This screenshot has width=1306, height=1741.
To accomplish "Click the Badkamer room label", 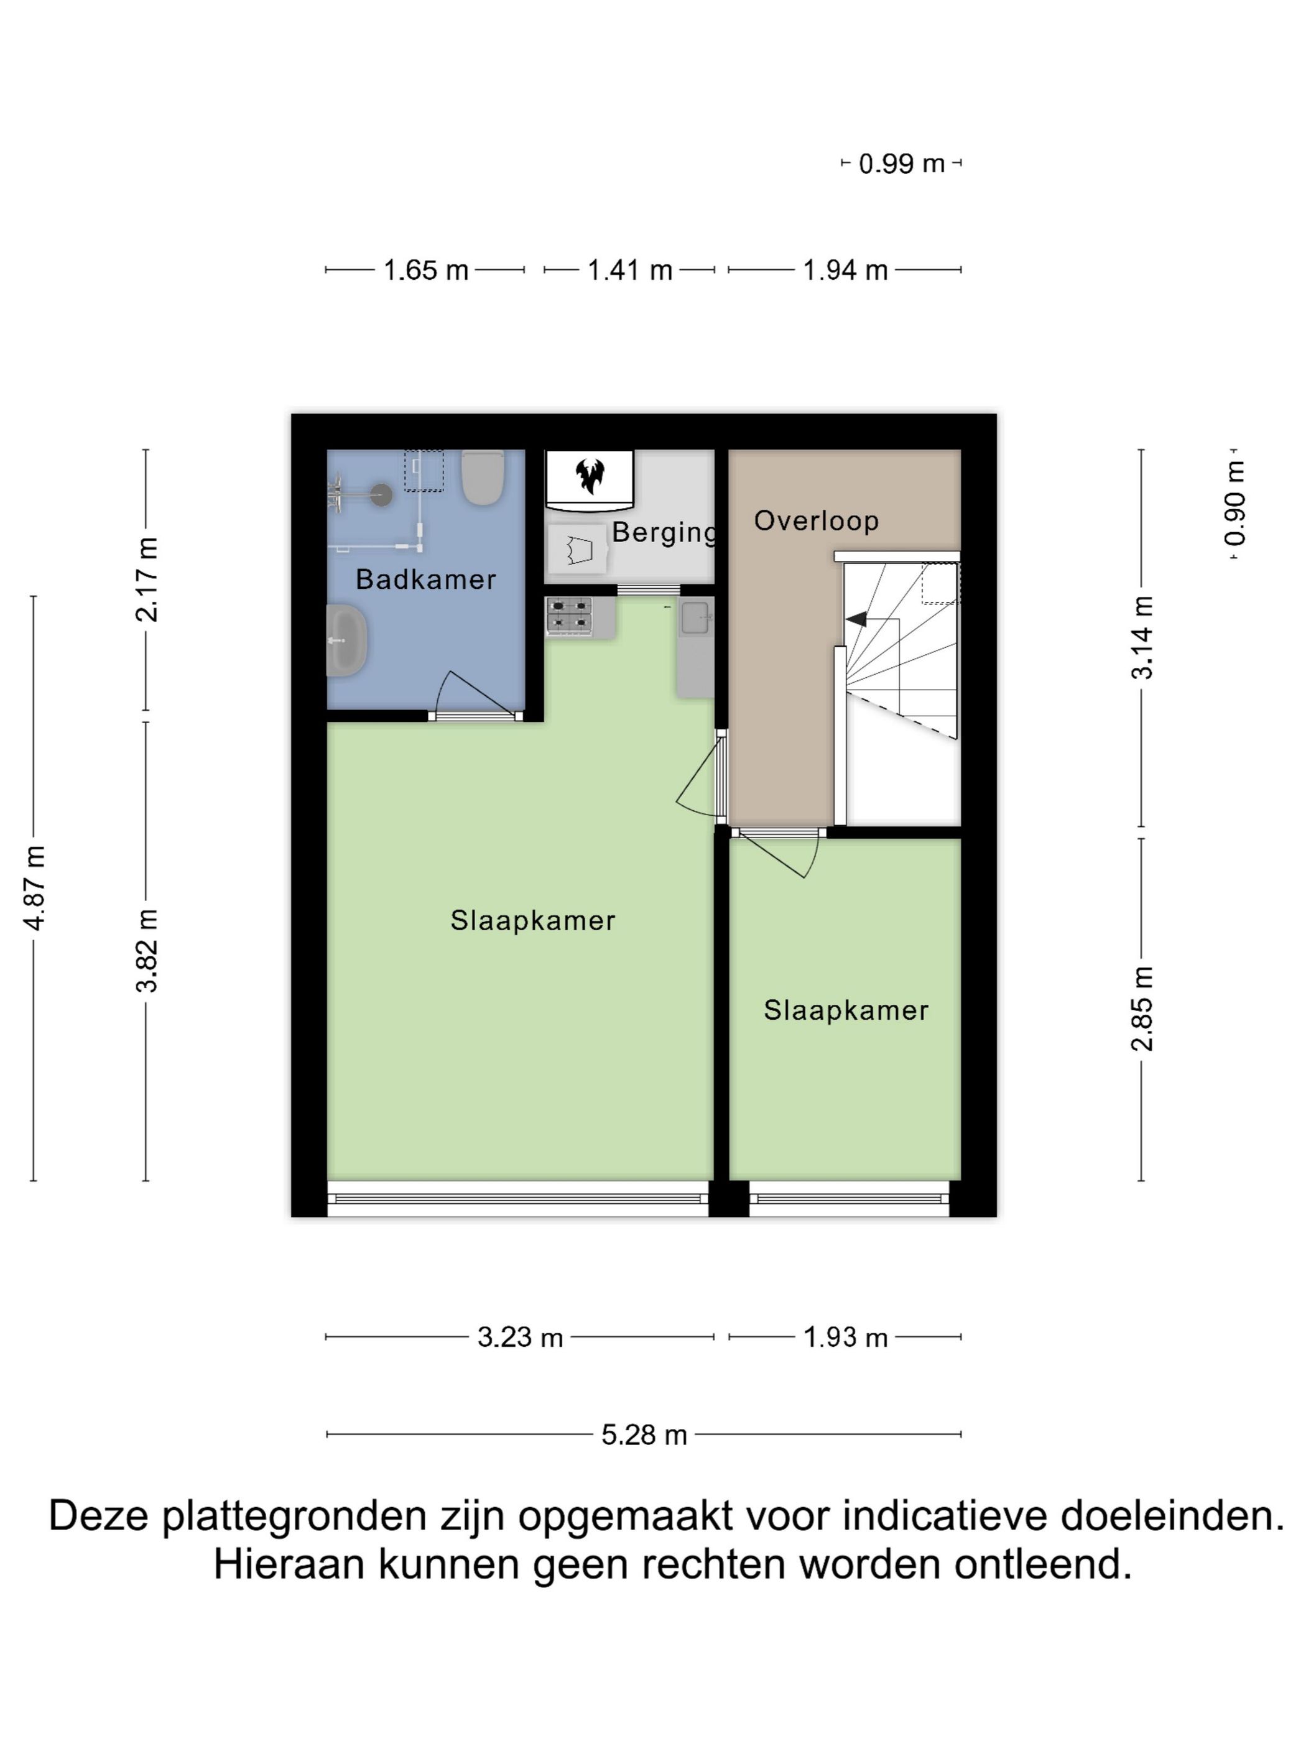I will tap(425, 580).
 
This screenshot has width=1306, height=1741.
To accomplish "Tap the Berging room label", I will tap(663, 532).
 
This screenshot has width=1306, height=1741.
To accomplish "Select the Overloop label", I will tap(815, 520).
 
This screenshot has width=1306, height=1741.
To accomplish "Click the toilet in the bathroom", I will tap(482, 477).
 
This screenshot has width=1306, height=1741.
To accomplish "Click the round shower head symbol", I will tap(382, 494).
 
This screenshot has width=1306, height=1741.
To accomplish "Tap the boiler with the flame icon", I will tap(589, 476).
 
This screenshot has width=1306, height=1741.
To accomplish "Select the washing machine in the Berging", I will tap(578, 548).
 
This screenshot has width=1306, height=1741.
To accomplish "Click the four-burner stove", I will tap(569, 616).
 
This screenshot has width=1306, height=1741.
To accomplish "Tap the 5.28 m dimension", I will tap(644, 1435).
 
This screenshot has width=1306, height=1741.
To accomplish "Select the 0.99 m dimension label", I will tap(901, 164).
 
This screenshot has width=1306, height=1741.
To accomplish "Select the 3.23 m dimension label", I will tap(519, 1337).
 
